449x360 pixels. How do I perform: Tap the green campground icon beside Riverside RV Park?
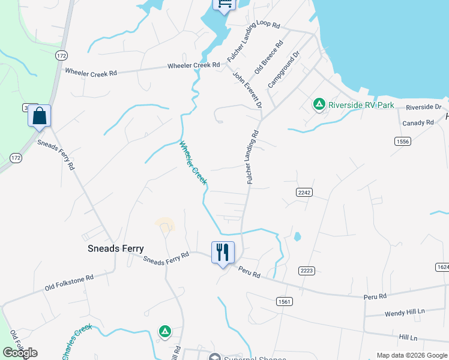pyautogui.click(x=319, y=105)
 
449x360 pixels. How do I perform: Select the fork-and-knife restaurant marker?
pyautogui.click(x=223, y=253)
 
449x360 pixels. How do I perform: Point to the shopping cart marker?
pyautogui.click(x=224, y=4)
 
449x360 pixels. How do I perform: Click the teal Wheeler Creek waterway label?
pyautogui.click(x=193, y=162)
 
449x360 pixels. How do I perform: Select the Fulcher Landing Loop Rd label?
pyautogui.click(x=254, y=41)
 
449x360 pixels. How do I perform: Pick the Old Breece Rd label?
pyautogui.click(x=268, y=58)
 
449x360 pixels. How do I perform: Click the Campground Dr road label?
pyautogui.click(x=283, y=70)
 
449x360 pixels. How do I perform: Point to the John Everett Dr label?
pyautogui.click(x=247, y=91)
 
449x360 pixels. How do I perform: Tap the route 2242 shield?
pyautogui.click(x=303, y=191)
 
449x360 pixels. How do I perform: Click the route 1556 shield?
pyautogui.click(x=403, y=141)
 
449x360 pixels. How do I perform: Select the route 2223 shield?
pyautogui.click(x=307, y=271)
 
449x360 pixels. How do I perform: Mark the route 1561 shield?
pyautogui.click(x=284, y=301)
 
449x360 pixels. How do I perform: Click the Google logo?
pyautogui.click(x=19, y=353)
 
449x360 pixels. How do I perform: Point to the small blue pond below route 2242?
pyautogui.click(x=297, y=236)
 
